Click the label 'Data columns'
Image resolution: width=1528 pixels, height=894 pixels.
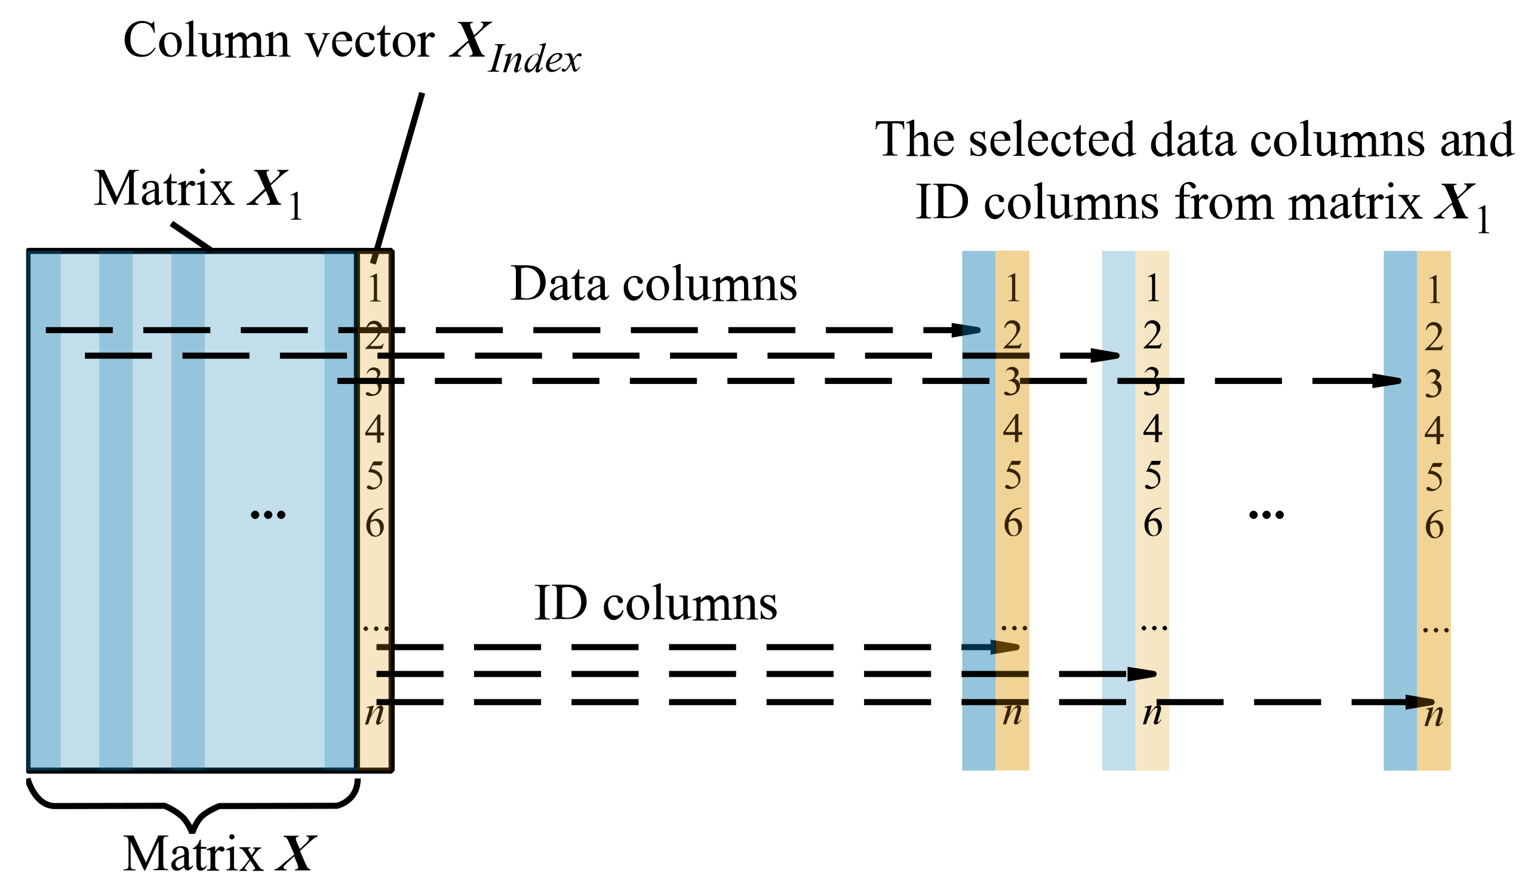coord(654,284)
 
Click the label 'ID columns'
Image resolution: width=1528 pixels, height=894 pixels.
coord(656,604)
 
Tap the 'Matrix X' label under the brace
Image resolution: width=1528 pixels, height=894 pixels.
coord(220,854)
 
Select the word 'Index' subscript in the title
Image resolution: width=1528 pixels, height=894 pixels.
coord(534,60)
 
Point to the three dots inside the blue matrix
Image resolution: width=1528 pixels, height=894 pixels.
coord(268,515)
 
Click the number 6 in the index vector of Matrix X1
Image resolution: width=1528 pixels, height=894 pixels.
coord(375,523)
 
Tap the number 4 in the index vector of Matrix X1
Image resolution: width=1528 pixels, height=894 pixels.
coord(375,429)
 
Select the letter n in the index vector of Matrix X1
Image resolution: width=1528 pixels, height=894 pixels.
coord(374,713)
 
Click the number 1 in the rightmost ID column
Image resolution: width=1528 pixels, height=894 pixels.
coord(1434,290)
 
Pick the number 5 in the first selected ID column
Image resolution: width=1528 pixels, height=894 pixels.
coord(1013,475)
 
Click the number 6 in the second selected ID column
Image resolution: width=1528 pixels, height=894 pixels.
coord(1152,523)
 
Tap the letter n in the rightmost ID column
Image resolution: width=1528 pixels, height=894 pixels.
coord(1434,715)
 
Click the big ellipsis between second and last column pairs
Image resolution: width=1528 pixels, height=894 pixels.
coord(1266,515)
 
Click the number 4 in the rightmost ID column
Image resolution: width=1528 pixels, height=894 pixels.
coord(1434,431)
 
